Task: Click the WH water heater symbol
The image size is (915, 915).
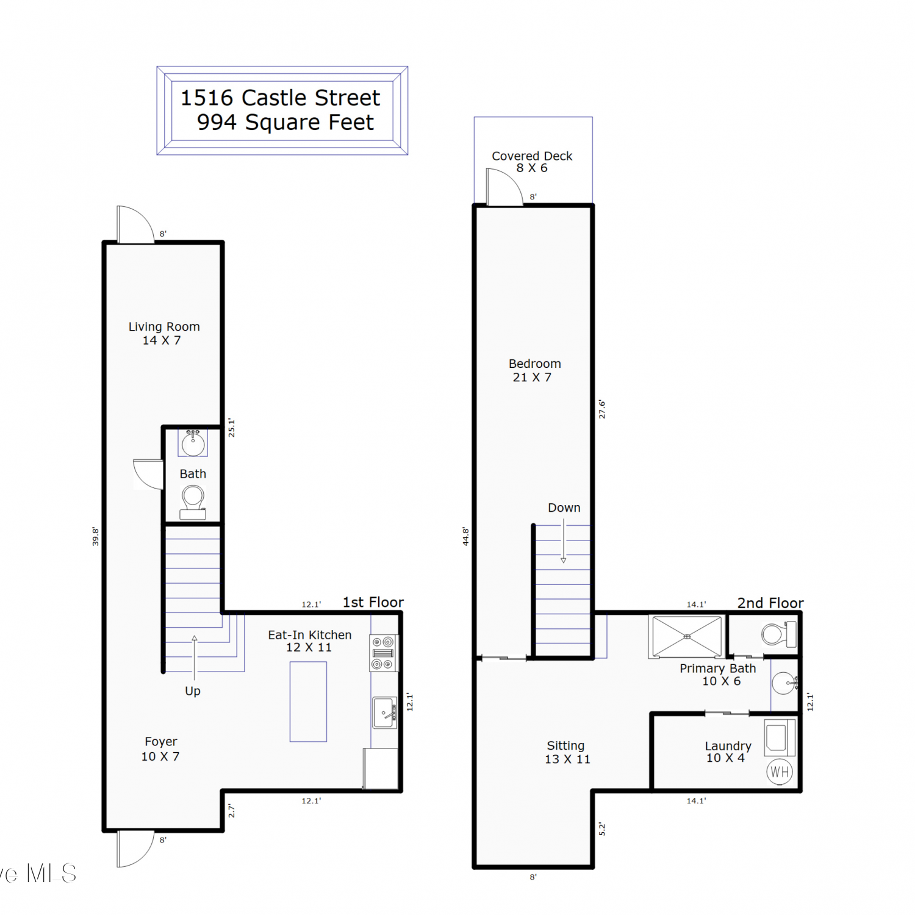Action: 780,772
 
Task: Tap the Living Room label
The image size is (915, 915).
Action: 164,327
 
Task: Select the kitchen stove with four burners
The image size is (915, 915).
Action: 384,653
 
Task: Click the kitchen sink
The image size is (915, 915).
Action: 385,713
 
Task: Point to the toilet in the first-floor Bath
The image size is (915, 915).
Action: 193,502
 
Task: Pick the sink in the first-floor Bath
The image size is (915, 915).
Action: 193,443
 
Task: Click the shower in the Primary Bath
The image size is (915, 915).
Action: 687,636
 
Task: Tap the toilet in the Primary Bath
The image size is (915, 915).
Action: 779,634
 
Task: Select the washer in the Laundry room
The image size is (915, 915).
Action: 780,737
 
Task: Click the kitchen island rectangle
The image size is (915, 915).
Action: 308,701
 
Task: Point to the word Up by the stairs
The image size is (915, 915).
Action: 193,691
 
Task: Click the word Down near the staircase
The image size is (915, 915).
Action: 564,508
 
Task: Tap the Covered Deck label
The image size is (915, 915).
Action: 532,156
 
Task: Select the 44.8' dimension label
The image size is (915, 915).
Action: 465,536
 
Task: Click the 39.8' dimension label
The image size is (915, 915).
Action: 95,536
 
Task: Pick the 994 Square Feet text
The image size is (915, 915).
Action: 285,123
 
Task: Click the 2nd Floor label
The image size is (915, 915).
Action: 770,603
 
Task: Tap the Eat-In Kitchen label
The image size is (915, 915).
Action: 310,635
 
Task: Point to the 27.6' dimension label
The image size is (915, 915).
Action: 602,409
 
